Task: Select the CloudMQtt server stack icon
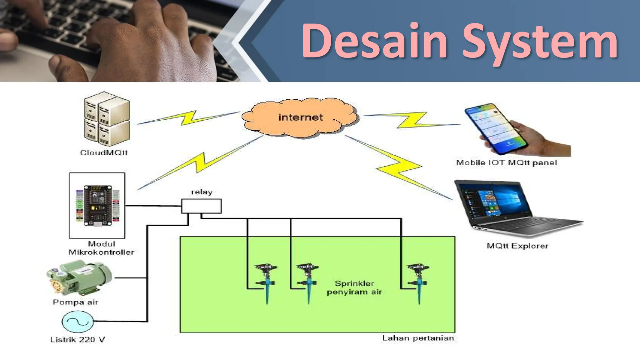107,119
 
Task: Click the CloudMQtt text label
104,152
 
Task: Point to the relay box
202,206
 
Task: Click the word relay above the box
202,192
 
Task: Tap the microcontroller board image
97,205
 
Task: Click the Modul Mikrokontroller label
101,248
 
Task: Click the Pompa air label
75,302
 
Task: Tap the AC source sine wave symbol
77,322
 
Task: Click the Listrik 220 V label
77,339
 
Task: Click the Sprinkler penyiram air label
354,287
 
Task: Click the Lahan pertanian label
418,338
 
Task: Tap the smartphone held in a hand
494,128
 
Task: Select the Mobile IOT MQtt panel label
506,162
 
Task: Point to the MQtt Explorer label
517,246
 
